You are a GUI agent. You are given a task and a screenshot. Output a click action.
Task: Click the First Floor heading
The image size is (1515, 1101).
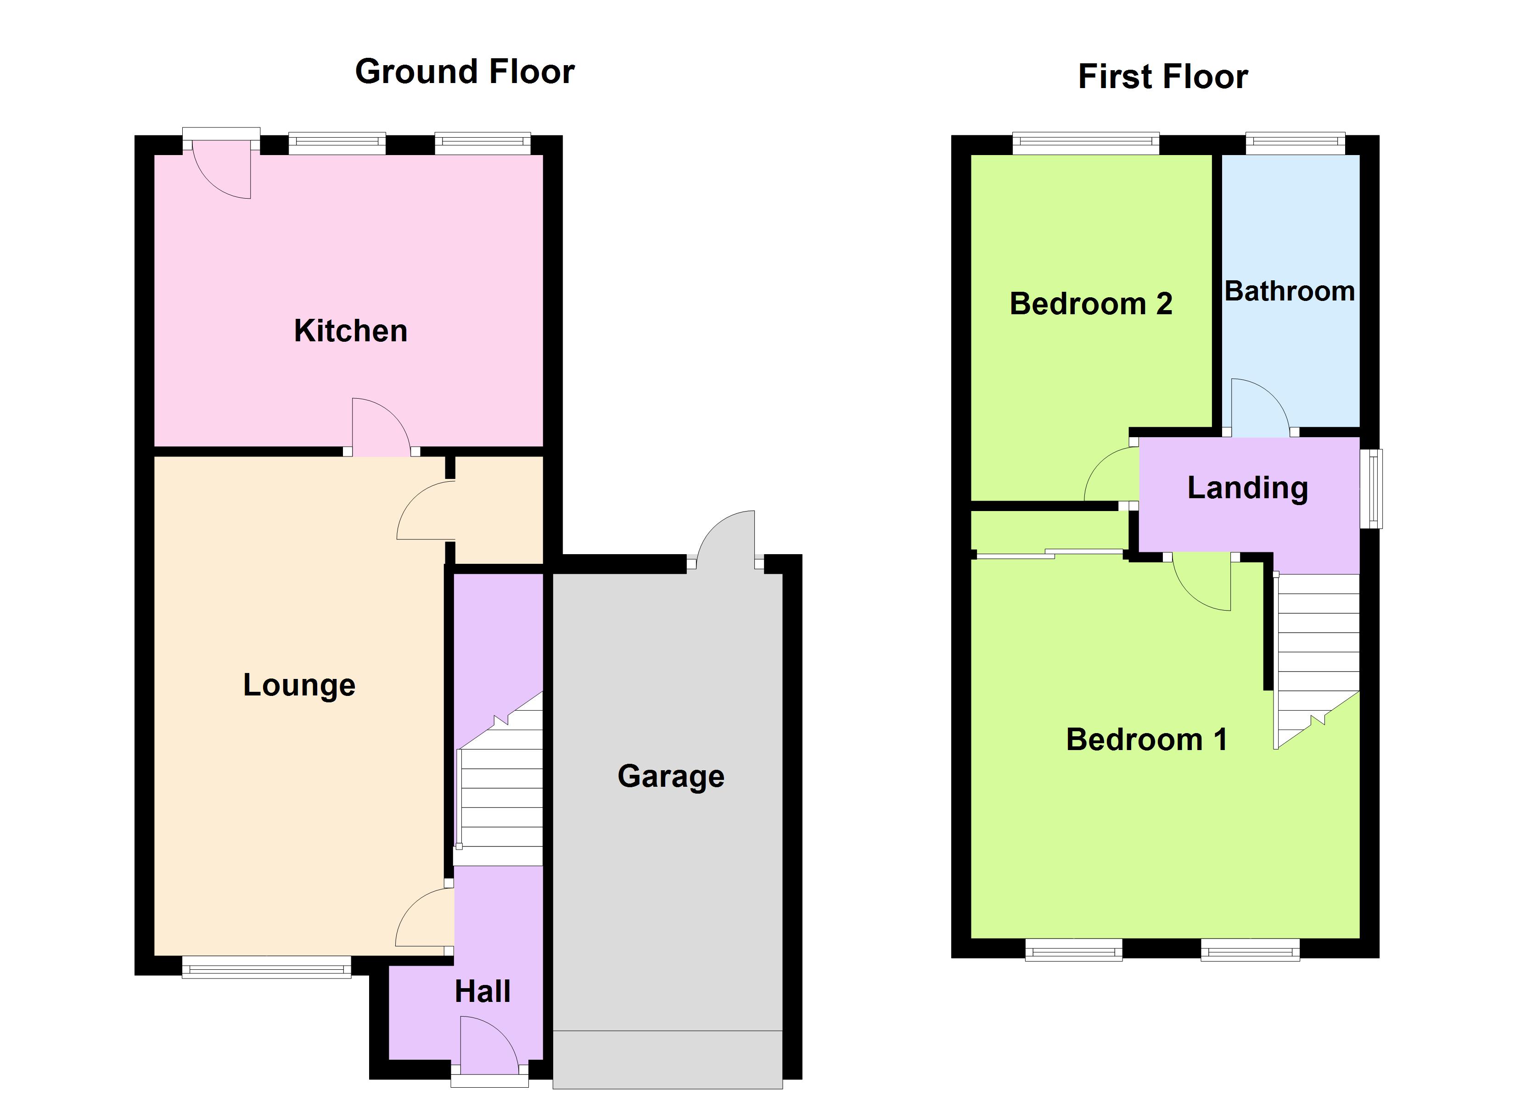(x=1162, y=76)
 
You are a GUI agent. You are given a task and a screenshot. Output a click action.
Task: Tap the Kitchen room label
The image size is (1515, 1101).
(x=351, y=330)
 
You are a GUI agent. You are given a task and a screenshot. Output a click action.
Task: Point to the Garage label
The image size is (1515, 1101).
(x=671, y=776)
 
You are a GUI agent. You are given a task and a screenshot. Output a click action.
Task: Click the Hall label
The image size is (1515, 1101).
(x=483, y=991)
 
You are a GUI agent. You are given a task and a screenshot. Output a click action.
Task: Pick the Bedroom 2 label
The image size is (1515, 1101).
(x=1091, y=304)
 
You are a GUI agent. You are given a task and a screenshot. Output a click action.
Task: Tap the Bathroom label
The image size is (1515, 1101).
(x=1289, y=291)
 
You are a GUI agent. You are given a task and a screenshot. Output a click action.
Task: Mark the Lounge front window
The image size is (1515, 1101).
(x=267, y=967)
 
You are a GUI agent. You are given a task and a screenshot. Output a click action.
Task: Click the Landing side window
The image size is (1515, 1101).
(x=1371, y=489)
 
